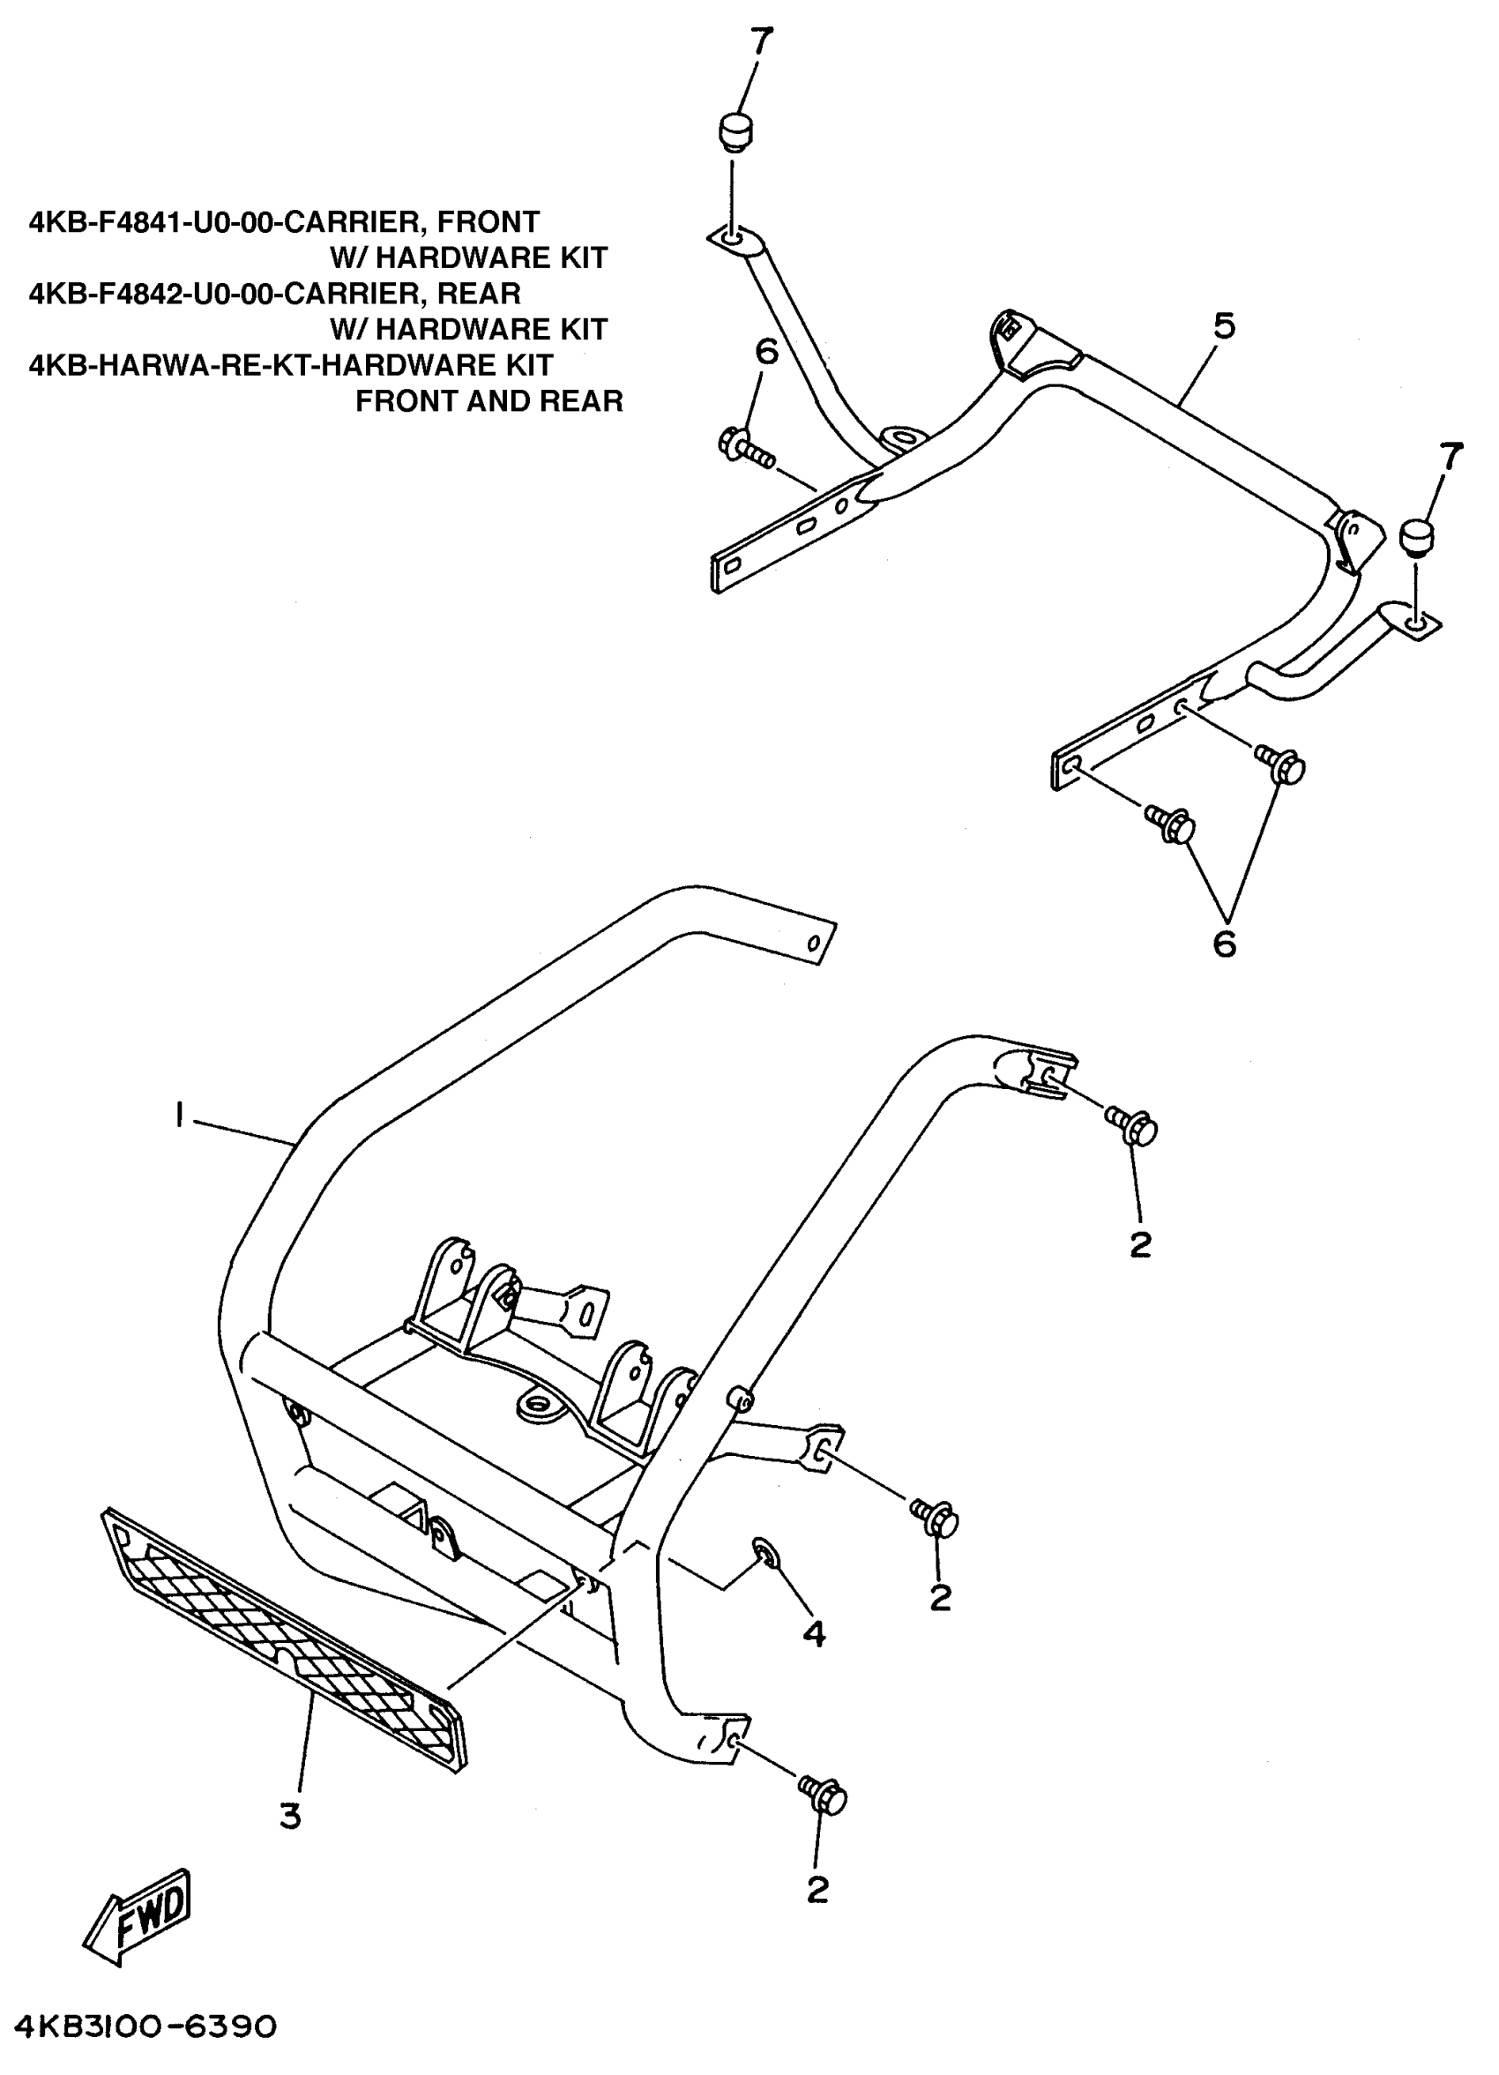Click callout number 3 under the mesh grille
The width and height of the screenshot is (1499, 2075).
[x=290, y=1816]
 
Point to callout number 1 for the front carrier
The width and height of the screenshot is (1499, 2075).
[x=179, y=1115]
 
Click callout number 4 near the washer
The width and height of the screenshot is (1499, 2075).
[x=813, y=1633]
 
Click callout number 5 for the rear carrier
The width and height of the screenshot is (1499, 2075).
[x=1224, y=325]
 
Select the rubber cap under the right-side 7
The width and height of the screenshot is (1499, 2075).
[x=1418, y=537]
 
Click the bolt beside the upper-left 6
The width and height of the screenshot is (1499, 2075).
[x=746, y=448]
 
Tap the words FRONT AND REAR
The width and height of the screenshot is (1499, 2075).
[x=488, y=400]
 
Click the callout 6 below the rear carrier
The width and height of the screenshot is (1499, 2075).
[x=1224, y=943]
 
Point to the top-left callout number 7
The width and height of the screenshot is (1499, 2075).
[x=761, y=41]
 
